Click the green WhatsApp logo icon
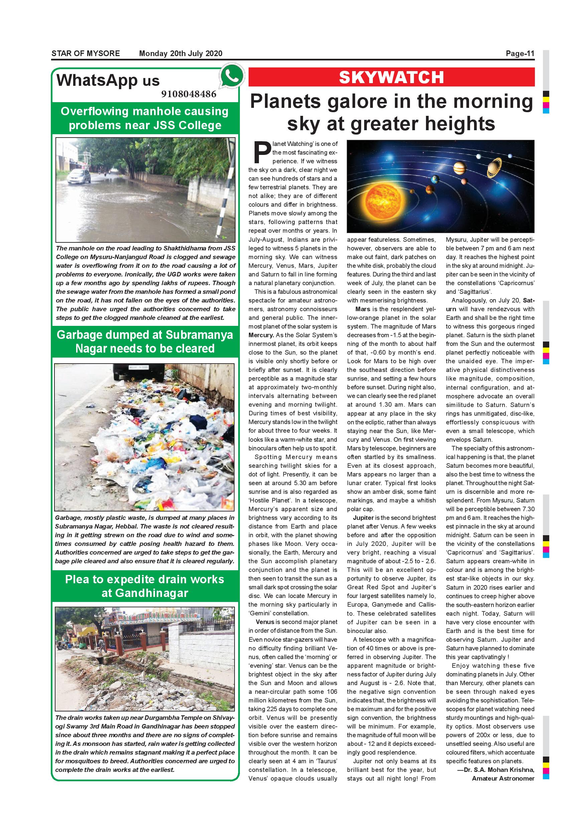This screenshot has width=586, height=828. [232, 76]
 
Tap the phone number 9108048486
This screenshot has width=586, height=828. [189, 94]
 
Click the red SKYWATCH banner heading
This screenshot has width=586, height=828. [391, 77]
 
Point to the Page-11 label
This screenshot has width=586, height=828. [520, 54]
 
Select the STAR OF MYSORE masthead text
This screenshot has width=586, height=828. [86, 54]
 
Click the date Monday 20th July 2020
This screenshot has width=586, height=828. [180, 54]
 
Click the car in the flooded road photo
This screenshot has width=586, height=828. [79, 177]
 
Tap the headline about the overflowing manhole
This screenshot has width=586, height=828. [145, 118]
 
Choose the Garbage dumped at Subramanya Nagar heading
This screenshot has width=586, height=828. [145, 342]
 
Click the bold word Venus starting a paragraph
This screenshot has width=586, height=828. [265, 622]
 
